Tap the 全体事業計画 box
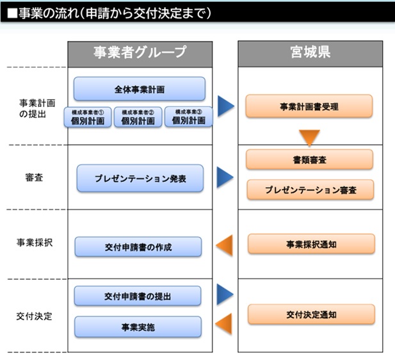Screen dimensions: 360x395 click(140, 89)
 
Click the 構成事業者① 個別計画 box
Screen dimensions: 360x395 click(88, 117)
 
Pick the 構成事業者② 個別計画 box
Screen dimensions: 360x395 click(138, 117)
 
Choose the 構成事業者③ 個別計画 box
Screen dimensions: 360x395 click(189, 117)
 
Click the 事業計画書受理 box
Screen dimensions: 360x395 click(309, 106)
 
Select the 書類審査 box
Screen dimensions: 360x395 click(309, 160)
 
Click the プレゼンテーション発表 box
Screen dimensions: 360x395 click(140, 178)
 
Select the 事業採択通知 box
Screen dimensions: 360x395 click(310, 244)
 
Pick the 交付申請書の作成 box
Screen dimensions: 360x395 click(138, 247)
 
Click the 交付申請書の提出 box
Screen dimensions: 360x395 click(138, 297)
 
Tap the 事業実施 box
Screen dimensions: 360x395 click(138, 327)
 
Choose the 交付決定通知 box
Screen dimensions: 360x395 click(310, 315)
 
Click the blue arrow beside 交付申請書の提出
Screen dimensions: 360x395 click(225, 294)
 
